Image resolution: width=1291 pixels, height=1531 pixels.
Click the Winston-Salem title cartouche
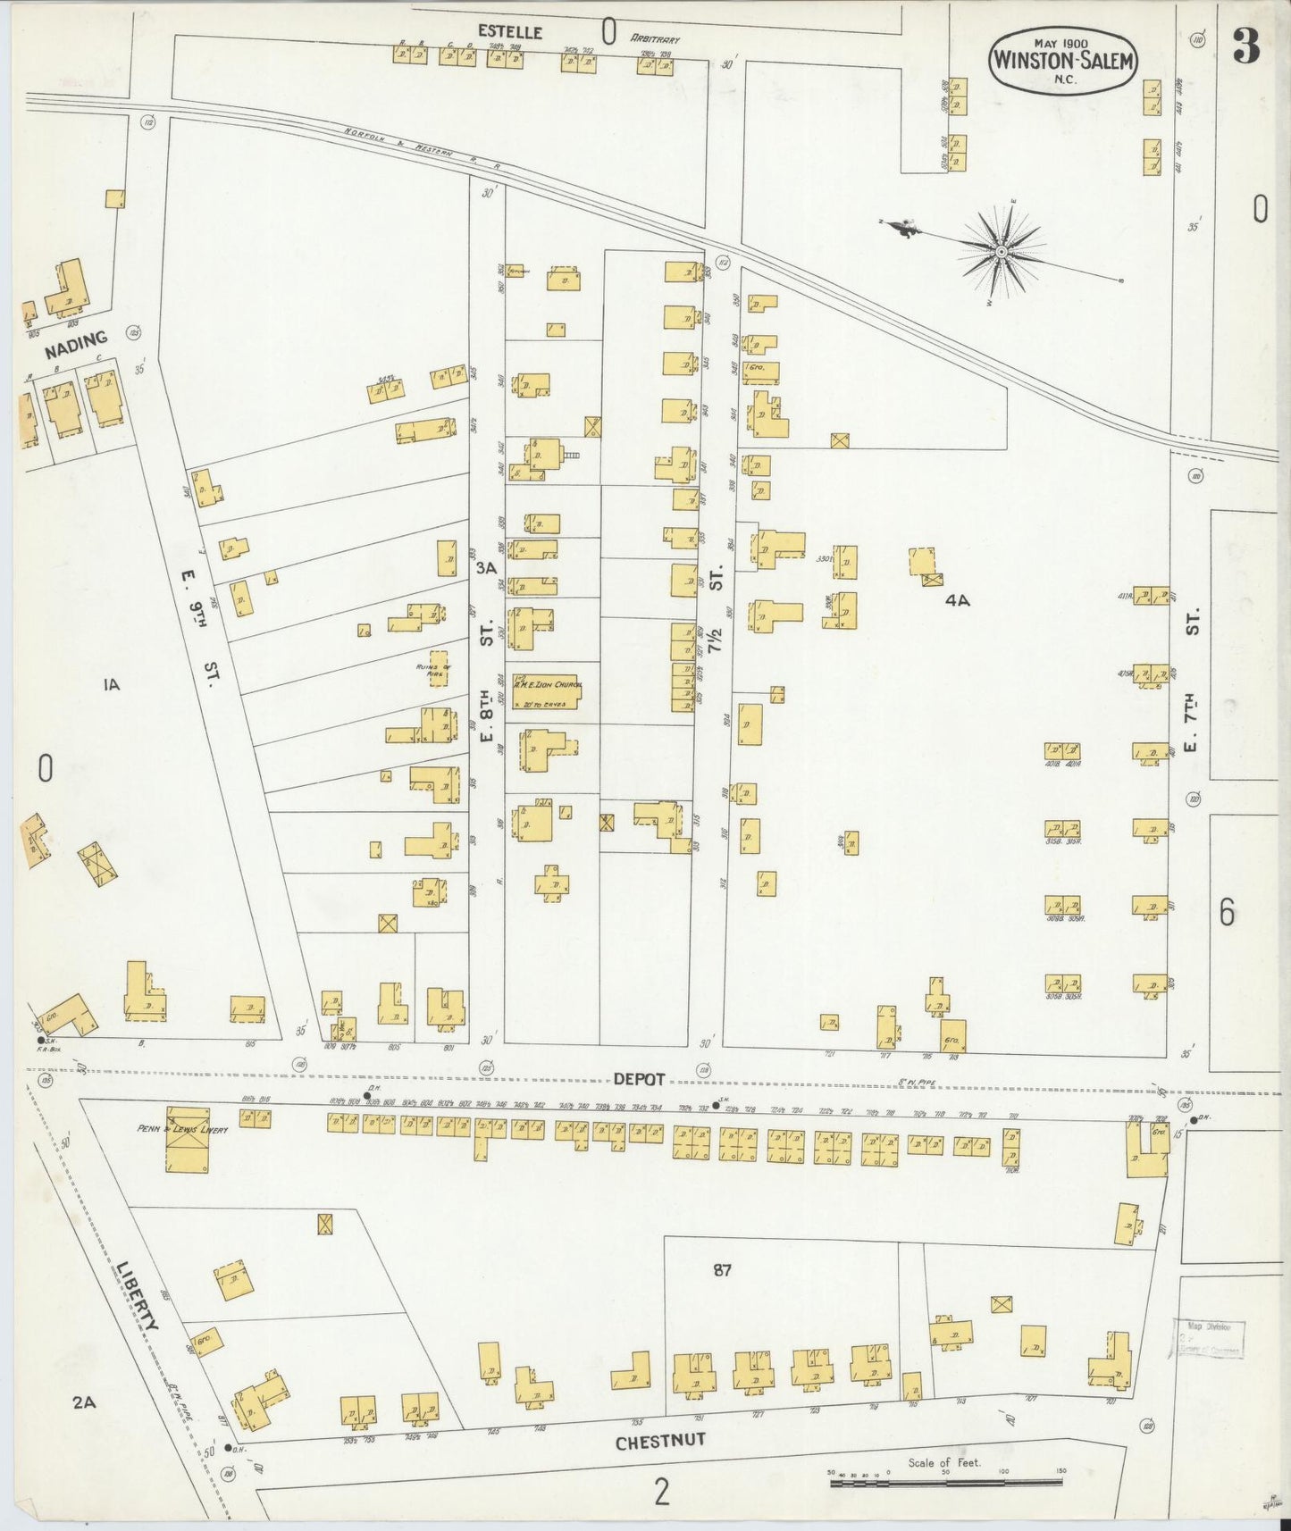(x=1061, y=60)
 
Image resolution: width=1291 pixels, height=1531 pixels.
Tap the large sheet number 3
(x=1246, y=46)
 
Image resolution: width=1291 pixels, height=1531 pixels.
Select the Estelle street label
(x=510, y=31)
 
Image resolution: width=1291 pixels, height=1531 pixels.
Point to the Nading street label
(x=76, y=345)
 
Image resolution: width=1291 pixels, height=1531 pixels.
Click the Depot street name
(x=639, y=1079)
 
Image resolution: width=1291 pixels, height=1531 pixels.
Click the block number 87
(x=722, y=1270)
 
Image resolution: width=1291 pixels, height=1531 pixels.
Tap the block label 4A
(x=957, y=601)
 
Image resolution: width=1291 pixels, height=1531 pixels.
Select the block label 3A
(x=486, y=568)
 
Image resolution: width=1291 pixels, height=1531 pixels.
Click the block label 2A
(x=84, y=1402)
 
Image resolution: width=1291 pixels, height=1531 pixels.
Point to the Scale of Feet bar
(x=945, y=1483)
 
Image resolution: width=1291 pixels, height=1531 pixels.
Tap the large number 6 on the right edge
(x=1227, y=913)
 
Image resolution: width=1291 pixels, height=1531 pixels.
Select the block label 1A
(x=111, y=685)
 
